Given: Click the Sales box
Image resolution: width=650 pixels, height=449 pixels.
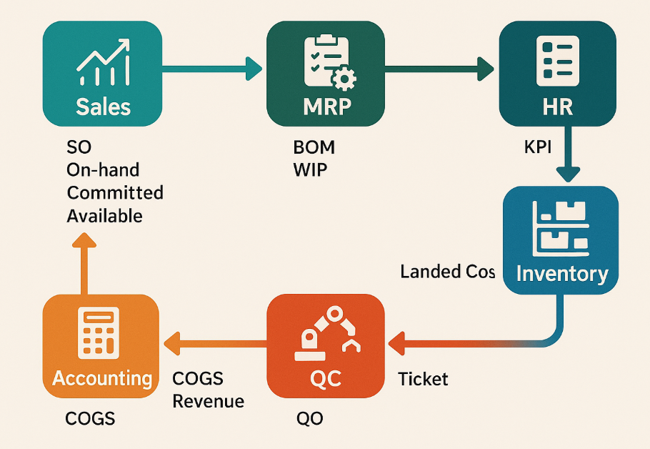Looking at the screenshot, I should (x=102, y=74).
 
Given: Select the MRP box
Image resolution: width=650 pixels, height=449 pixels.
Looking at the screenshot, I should (x=325, y=74).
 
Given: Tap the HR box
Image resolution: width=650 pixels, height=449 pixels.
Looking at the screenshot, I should (x=557, y=74).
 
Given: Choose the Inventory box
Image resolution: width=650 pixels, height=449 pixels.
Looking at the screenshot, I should (x=561, y=240).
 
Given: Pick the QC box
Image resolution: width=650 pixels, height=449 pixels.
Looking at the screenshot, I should (x=325, y=346).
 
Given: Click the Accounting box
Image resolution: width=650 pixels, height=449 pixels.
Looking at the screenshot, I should (x=102, y=346).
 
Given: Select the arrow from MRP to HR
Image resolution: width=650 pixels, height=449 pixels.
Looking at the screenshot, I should (x=439, y=69).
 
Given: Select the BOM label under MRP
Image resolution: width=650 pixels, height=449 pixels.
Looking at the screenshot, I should (x=314, y=148).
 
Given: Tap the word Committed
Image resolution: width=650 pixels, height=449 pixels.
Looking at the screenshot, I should (x=114, y=193).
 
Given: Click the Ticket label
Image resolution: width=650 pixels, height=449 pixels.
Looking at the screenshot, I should (x=423, y=378).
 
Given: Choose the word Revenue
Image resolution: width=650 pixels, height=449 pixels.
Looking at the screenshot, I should (x=209, y=401).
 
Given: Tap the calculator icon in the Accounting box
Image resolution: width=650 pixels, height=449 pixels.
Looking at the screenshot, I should (x=98, y=332).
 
